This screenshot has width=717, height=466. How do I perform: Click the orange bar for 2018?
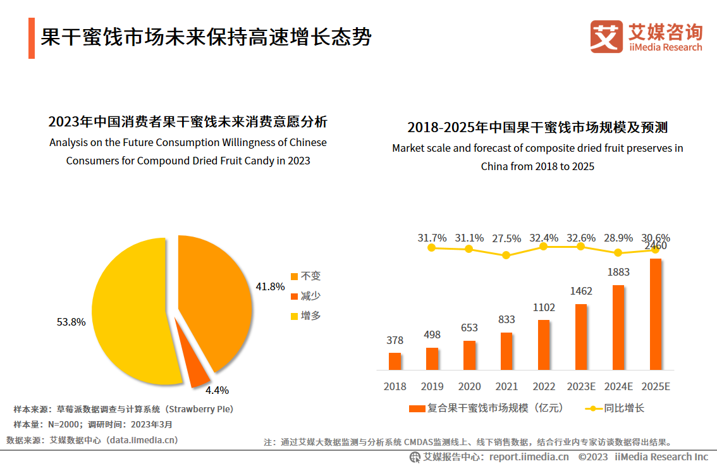395,361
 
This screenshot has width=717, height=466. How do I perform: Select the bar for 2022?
544,345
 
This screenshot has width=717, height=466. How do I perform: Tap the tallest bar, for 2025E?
656,314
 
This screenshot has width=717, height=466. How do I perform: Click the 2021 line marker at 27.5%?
506,255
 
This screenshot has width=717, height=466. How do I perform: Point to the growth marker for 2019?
432,248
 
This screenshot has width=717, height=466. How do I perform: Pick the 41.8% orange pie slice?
215,297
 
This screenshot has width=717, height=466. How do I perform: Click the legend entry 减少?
305,296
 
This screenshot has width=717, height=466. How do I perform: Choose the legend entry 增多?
305,316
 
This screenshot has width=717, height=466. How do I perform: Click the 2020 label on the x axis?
469,386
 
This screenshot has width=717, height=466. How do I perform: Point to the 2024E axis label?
618,386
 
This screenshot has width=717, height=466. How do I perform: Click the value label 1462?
581,291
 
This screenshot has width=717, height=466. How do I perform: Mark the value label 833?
506,320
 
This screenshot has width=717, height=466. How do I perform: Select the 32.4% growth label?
544,238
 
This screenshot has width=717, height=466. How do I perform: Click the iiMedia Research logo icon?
606,37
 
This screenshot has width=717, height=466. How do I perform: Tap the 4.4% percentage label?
217,390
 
